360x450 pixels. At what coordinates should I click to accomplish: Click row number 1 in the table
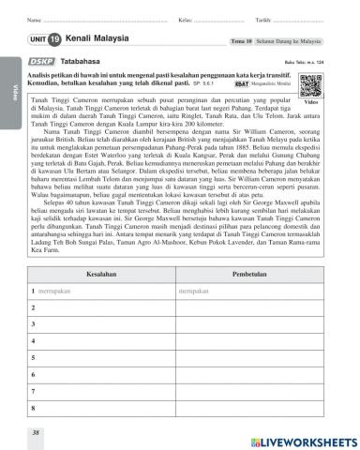point(33,292)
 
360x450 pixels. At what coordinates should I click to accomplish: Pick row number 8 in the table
point(33,410)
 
